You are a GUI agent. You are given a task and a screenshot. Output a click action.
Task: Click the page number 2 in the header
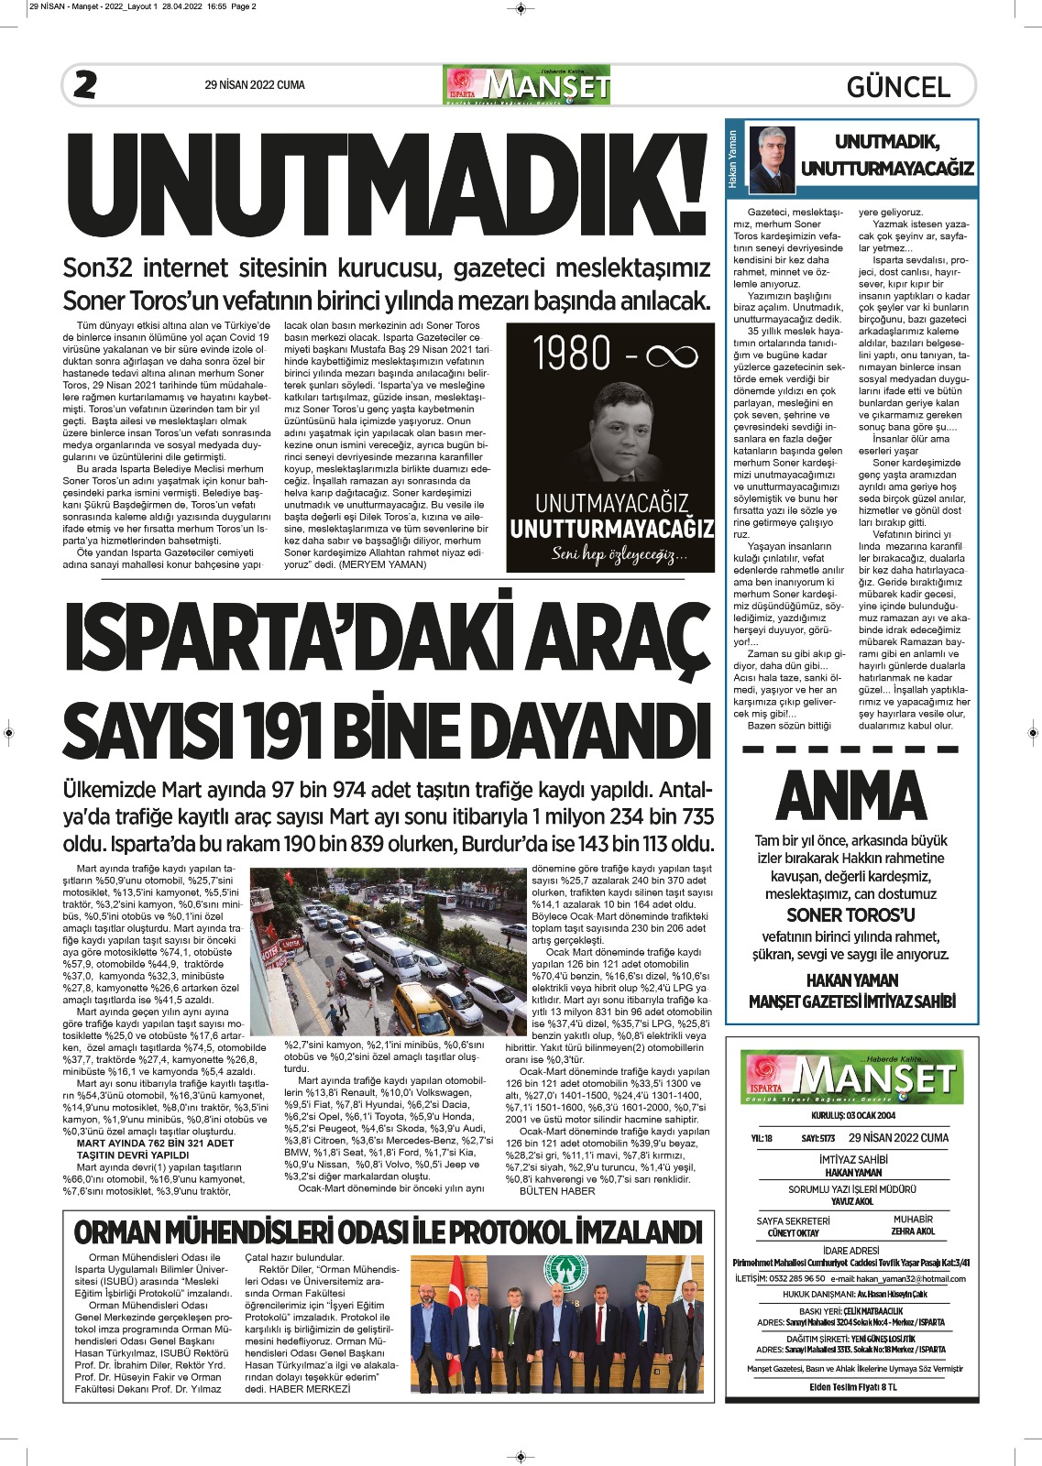(85, 85)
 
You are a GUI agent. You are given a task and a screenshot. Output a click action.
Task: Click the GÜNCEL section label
(898, 87)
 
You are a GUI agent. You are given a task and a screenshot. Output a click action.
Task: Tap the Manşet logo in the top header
(527, 85)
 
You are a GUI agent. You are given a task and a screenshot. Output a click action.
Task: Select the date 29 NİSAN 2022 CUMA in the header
(255, 85)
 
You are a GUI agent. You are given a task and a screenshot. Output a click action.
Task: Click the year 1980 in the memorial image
(572, 355)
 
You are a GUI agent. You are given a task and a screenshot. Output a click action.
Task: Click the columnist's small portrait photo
(772, 159)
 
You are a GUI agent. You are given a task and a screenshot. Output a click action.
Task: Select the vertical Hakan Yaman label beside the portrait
(732, 159)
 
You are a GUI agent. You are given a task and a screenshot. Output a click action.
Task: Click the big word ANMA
(851, 795)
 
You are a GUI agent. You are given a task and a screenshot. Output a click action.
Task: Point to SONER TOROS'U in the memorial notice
(850, 914)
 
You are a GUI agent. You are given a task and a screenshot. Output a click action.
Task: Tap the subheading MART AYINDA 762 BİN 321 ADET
(155, 1143)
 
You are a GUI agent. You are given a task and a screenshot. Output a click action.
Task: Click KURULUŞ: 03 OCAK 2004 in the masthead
(853, 1115)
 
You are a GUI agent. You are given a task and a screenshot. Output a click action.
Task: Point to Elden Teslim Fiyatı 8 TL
(852, 1386)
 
